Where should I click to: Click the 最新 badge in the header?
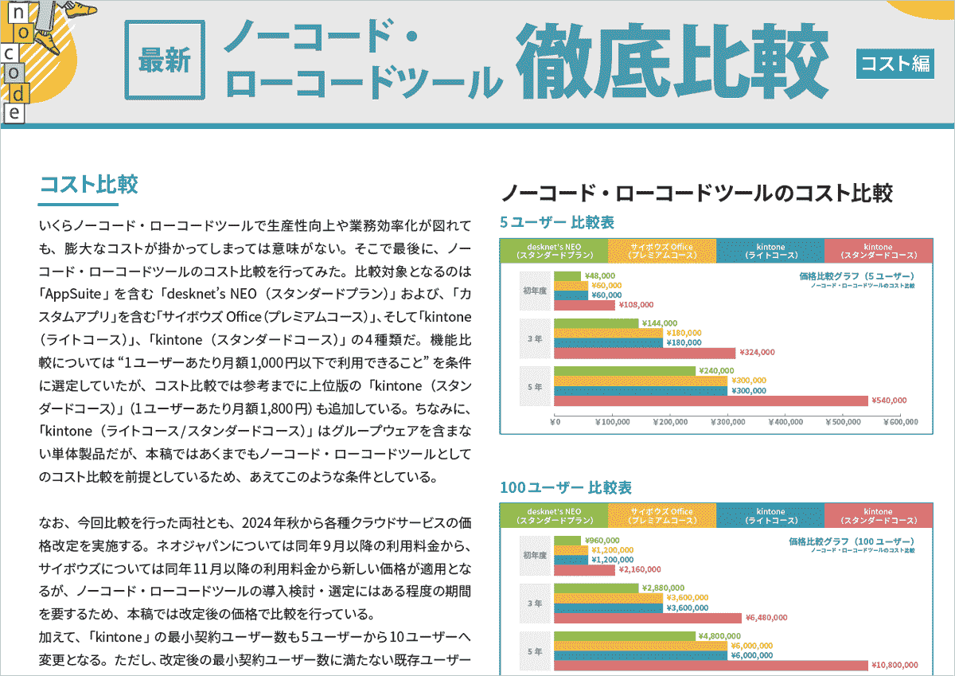(x=165, y=60)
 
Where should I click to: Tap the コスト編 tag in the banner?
(x=895, y=63)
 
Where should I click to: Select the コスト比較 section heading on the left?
(x=88, y=185)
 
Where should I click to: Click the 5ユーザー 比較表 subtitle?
(x=557, y=222)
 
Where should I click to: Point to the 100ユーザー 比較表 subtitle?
(x=566, y=486)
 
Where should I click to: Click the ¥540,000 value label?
(x=889, y=401)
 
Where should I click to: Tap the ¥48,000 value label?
(x=602, y=276)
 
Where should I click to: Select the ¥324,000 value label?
(x=756, y=352)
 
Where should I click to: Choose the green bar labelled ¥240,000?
(x=624, y=371)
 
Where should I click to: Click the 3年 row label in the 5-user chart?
(x=532, y=338)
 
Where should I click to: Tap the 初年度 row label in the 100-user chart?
(x=532, y=556)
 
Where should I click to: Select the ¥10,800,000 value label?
(x=895, y=665)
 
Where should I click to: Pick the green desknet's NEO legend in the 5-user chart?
(x=553, y=251)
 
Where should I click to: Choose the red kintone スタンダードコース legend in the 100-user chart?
(x=878, y=516)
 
